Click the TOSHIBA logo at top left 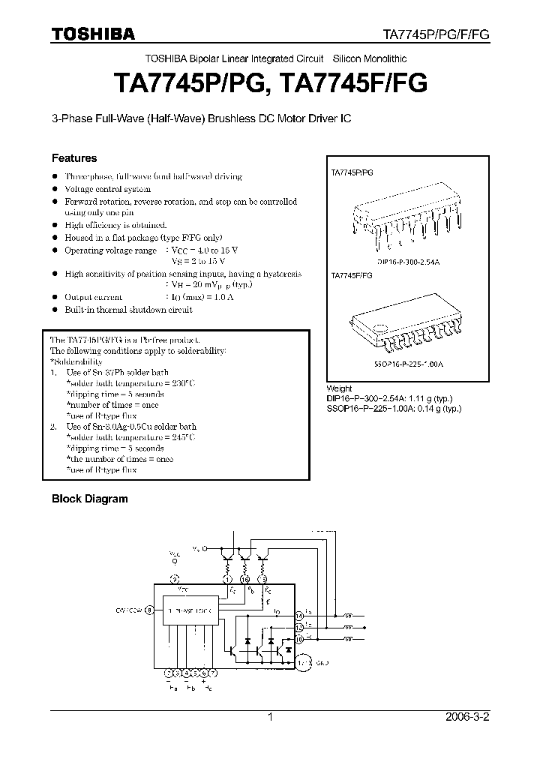pos(93,34)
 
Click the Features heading pos(73,158)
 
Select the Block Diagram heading pos(89,498)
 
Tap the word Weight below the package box pos(339,388)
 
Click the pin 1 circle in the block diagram pos(227,580)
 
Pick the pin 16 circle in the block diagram pos(245,580)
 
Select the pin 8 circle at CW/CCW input pos(149,610)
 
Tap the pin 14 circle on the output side pos(299,615)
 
